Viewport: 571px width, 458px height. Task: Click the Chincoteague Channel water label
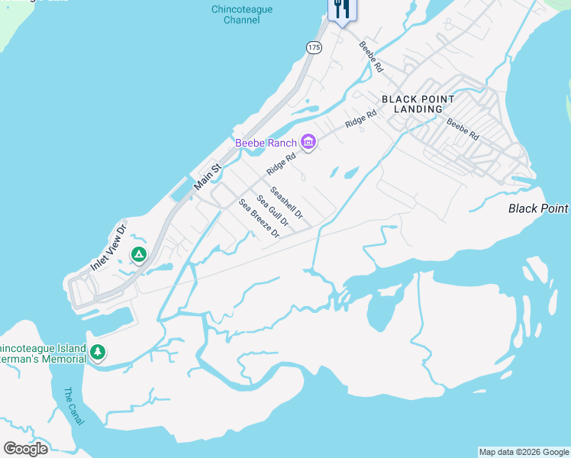(242, 15)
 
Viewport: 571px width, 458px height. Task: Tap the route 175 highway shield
(315, 47)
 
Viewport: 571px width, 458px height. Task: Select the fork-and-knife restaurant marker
(340, 9)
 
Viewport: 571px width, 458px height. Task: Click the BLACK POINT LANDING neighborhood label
(418, 104)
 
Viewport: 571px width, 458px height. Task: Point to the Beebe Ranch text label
(265, 143)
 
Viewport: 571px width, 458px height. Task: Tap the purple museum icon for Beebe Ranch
(308, 141)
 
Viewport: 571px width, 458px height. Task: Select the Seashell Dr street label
(286, 203)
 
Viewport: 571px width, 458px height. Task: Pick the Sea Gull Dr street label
(273, 211)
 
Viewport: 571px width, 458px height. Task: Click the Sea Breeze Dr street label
(259, 218)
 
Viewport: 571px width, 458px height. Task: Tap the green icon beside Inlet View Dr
(138, 254)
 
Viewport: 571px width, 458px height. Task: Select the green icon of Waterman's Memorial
(97, 352)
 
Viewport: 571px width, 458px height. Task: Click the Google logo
(25, 448)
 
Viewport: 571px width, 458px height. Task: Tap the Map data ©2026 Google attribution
(524, 452)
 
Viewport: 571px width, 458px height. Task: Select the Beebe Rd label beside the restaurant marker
(371, 56)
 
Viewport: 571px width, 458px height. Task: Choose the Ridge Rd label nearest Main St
(280, 163)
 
